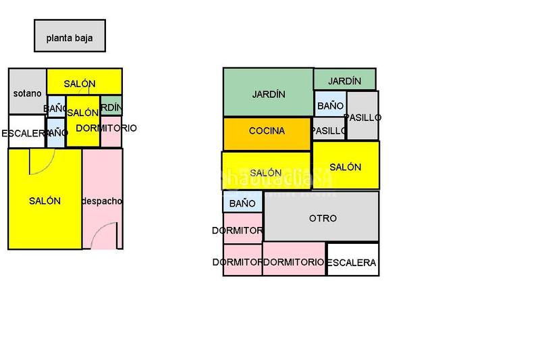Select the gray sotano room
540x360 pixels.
click(x=27, y=93)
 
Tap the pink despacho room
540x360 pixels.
click(x=102, y=201)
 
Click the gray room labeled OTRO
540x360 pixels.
click(x=322, y=217)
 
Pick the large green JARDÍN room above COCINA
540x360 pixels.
click(x=268, y=93)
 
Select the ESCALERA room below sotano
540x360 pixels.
click(x=26, y=132)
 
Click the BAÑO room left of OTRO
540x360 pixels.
click(x=242, y=202)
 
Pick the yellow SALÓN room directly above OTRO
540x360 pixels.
click(x=346, y=165)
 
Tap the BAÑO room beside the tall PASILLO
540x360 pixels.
click(x=329, y=105)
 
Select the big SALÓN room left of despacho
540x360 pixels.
click(x=45, y=200)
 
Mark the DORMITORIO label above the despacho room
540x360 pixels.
click(x=107, y=128)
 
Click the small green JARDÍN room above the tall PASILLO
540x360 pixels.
click(x=344, y=80)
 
